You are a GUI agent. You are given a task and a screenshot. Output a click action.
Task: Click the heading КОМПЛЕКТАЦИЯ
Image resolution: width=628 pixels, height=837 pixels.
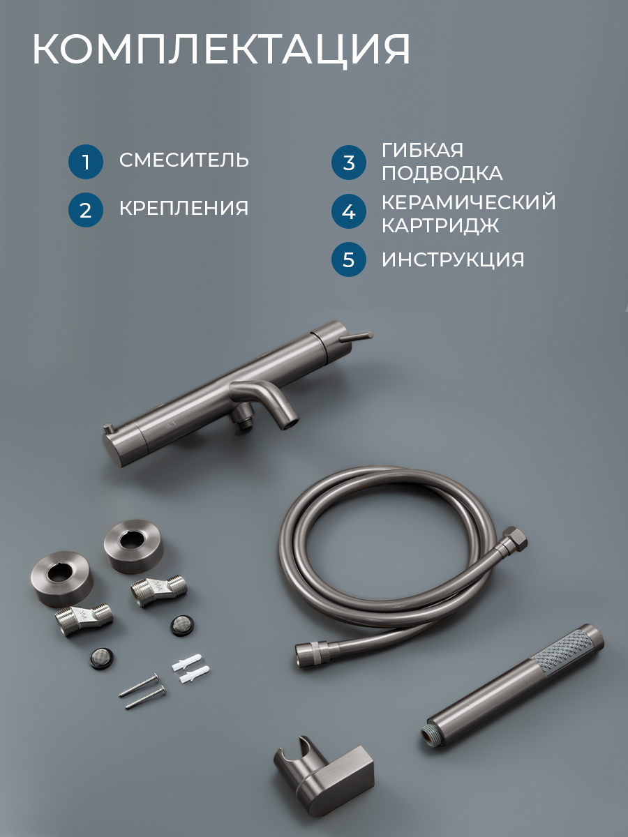220,50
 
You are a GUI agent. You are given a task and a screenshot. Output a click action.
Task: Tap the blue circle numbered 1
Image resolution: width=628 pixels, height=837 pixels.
86,162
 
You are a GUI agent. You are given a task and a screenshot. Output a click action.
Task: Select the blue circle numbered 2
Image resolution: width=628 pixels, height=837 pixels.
86,210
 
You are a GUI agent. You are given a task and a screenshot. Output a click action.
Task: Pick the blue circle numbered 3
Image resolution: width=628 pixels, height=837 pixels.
348,163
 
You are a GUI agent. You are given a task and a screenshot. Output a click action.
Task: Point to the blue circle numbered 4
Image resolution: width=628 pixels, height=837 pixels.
348,211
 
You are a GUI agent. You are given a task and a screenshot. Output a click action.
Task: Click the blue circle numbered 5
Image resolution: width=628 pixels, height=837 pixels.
348,259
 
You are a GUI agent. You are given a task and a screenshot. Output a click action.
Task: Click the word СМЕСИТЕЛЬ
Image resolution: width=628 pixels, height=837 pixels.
184,160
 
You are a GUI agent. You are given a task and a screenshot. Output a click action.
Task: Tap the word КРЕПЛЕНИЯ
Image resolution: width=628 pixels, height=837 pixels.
184,208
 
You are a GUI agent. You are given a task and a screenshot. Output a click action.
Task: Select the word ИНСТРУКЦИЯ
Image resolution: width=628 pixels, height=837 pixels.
453,259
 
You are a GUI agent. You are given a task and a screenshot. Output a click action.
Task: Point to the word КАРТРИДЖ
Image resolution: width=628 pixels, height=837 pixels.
440,225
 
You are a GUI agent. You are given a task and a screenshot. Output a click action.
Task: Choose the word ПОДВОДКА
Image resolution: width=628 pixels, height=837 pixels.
442,173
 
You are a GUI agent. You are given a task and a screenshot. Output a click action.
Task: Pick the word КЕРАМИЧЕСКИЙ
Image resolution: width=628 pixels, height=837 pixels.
469,202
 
